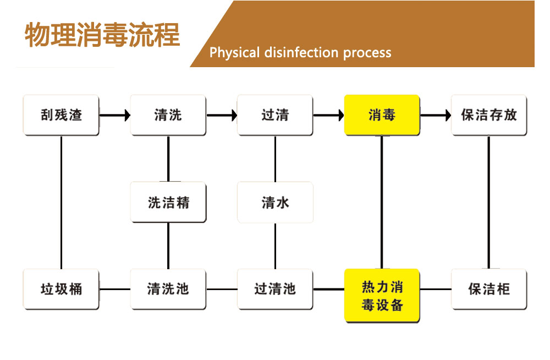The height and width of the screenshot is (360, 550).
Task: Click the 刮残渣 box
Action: coord(61,115)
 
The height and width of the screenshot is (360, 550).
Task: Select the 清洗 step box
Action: coord(168,115)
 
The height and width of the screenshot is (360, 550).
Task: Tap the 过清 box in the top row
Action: coord(275,115)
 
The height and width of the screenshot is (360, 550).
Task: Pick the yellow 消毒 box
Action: coord(382,115)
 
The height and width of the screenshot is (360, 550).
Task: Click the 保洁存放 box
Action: coord(488,115)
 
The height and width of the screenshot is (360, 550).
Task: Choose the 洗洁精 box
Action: coord(168,202)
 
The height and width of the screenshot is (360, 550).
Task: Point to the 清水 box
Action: coord(275,202)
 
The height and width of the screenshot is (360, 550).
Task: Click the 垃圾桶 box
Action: coord(61,288)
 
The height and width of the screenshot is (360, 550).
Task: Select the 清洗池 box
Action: coord(168,288)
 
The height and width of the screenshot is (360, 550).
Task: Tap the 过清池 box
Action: coord(275,288)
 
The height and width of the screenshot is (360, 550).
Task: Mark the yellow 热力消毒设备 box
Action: coord(382,295)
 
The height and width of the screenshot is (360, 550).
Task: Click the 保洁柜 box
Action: coord(488,288)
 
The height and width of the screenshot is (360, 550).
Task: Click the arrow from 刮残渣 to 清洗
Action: coord(114,115)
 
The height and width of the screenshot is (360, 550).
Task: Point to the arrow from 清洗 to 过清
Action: coord(222,115)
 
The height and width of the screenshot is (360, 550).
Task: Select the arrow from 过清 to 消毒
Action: coord(328,115)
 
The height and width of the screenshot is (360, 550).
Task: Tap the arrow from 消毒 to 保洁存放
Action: coord(435,115)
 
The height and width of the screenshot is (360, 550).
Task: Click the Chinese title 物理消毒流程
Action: coord(102,35)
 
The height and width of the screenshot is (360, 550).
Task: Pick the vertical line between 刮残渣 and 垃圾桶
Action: coord(61,202)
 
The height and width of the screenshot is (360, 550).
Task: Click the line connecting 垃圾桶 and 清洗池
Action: coord(114,288)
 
